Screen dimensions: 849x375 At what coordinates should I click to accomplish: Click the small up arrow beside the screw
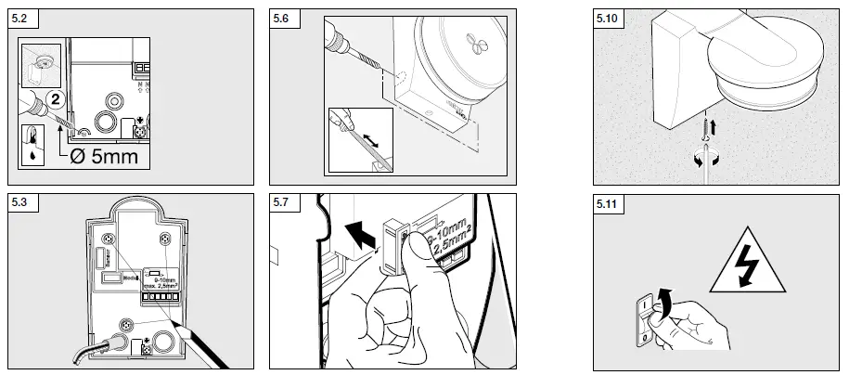715,122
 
